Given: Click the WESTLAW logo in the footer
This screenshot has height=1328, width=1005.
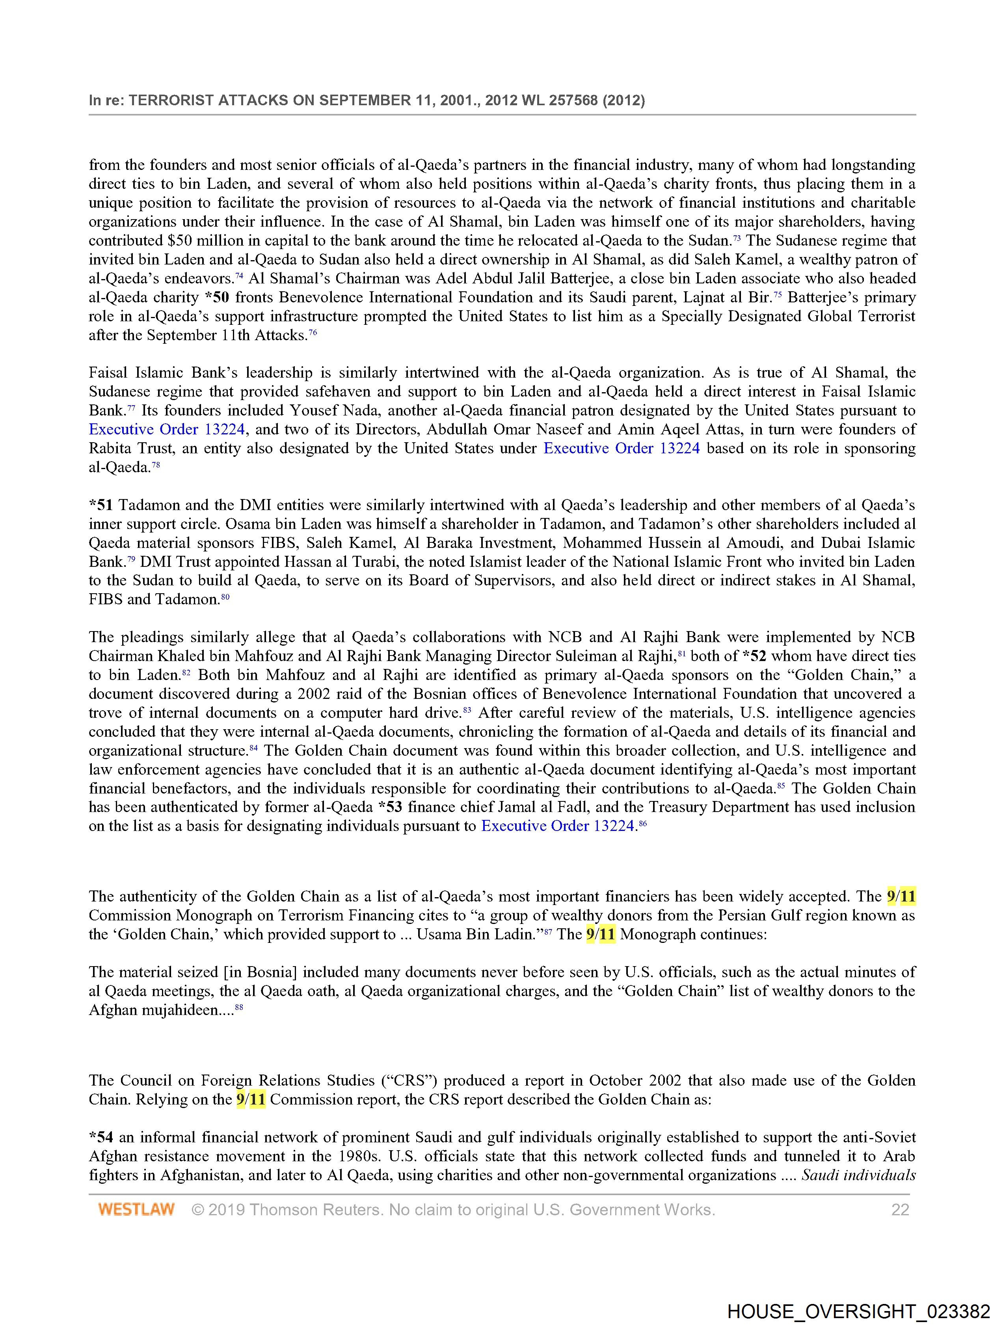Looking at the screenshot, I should tap(136, 1210).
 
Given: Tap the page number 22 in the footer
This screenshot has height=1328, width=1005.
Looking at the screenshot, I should tap(900, 1210).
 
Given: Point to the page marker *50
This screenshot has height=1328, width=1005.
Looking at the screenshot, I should tap(217, 298).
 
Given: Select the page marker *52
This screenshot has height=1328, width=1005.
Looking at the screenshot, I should tap(754, 656).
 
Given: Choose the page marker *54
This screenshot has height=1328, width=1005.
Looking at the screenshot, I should tap(101, 1138).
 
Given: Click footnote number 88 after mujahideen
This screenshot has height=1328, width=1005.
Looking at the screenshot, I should tap(239, 1008).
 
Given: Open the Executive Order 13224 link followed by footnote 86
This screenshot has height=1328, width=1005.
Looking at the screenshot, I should tap(558, 826).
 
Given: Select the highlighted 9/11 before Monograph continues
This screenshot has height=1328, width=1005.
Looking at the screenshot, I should tap(600, 935).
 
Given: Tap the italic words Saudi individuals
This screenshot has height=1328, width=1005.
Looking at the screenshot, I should tap(858, 1175).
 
